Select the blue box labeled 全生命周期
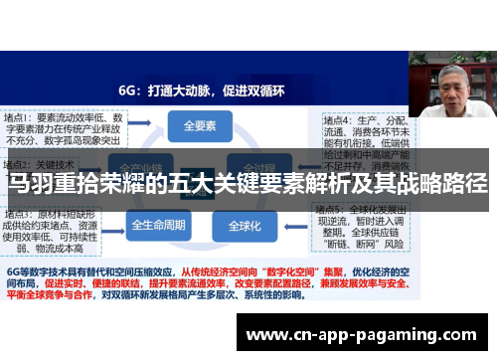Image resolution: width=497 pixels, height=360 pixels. (159, 225)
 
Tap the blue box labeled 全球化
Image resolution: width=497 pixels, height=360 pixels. (244, 225)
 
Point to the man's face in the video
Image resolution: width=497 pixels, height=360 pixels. (453, 88)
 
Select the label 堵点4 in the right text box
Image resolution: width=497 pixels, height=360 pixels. (339, 118)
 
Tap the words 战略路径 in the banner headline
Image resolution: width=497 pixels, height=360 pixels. (446, 185)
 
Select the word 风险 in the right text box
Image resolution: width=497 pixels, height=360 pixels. (395, 244)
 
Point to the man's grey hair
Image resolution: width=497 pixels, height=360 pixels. (453, 70)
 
